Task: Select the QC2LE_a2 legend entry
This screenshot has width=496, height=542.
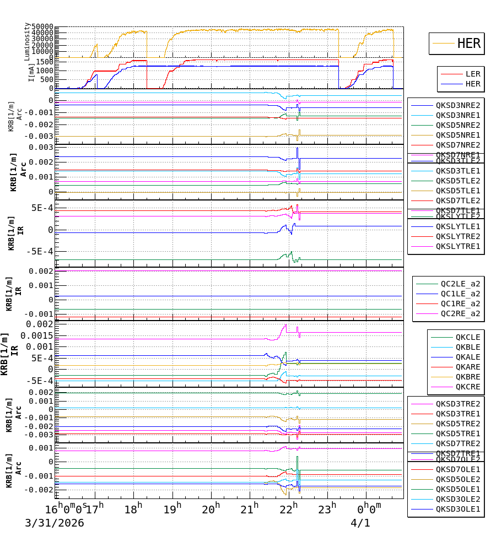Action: point(460,284)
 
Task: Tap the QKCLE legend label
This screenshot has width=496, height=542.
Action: point(467,337)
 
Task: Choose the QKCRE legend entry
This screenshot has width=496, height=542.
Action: point(467,387)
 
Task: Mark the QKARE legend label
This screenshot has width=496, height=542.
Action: point(467,367)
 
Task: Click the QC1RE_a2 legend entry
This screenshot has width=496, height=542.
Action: point(460,304)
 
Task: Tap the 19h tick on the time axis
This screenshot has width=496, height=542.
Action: point(172,508)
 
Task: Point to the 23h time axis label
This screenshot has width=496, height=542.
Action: point(327,508)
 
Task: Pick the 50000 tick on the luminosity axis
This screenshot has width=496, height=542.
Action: point(42,27)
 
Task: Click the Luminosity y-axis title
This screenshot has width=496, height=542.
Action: point(27,41)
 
